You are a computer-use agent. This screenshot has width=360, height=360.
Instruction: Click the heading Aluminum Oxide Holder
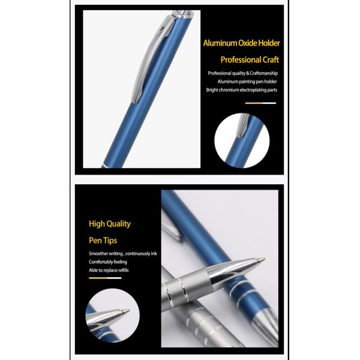pos(242,43)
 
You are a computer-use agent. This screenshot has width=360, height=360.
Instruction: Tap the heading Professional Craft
pos(250,60)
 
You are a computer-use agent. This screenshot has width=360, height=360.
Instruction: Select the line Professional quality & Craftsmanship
pos(243,73)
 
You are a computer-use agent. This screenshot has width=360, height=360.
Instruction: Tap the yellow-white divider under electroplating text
pos(260,103)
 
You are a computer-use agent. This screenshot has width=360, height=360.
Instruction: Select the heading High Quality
pos(109,224)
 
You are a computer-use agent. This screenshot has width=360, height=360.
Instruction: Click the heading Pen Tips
pos(104,241)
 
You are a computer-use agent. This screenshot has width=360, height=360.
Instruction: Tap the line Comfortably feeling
pos(108,262)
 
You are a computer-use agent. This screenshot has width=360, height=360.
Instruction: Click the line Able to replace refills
pos(109,271)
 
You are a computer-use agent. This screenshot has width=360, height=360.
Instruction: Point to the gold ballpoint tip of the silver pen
pos(260,260)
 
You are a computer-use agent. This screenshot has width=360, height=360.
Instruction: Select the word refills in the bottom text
pos(121,271)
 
